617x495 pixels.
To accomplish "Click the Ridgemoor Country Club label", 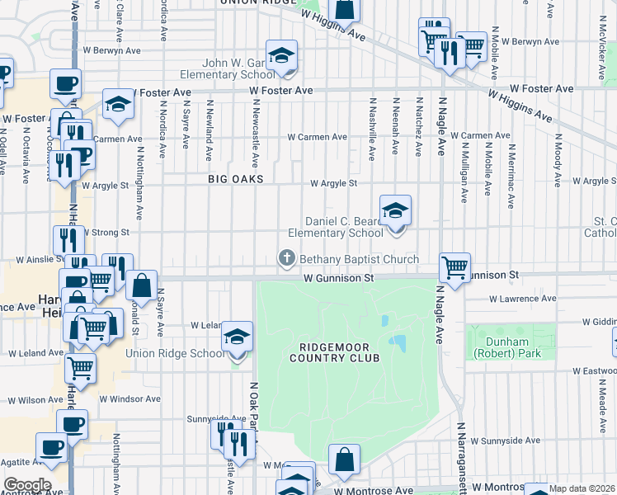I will coord(334,352).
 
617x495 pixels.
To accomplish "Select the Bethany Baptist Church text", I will coord(359,259).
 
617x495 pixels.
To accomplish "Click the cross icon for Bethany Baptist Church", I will coord(287,259).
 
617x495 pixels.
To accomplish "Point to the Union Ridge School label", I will coord(174,354).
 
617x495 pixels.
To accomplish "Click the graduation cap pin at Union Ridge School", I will coord(237,337).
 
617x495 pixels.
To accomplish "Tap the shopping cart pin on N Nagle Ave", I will coord(455,267).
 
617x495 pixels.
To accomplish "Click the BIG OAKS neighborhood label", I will coord(236,179).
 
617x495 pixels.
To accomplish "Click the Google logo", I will coord(27,484).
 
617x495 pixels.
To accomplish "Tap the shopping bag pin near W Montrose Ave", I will coord(344,460).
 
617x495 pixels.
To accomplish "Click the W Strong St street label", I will coord(106,233).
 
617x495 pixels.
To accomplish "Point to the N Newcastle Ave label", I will coord(257,132).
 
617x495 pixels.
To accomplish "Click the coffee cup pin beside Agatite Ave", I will coord(51,448).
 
